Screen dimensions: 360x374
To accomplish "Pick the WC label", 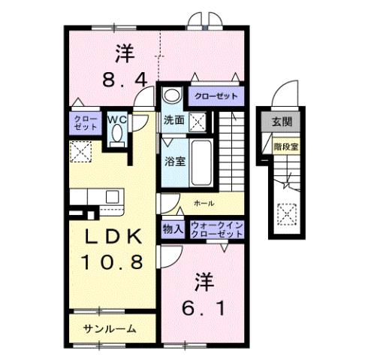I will click(x=116, y=119).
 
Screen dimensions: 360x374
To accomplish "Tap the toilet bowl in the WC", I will click(x=116, y=135).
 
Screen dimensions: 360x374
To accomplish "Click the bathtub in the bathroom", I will click(x=201, y=156).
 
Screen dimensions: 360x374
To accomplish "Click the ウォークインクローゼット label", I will click(x=217, y=228).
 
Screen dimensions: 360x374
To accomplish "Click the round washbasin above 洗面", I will click(x=172, y=96).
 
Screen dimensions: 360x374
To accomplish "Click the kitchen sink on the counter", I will click(x=112, y=196).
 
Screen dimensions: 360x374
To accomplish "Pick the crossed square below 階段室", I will click(x=285, y=215).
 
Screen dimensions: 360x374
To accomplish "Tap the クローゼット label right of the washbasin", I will click(x=216, y=96).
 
